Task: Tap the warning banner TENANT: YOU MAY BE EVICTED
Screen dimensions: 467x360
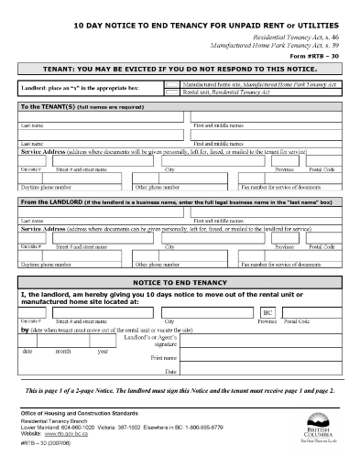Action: click(180, 69)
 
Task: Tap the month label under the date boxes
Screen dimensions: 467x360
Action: click(62, 352)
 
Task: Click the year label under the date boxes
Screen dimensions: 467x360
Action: click(102, 352)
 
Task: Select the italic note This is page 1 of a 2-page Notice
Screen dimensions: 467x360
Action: click(180, 390)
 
